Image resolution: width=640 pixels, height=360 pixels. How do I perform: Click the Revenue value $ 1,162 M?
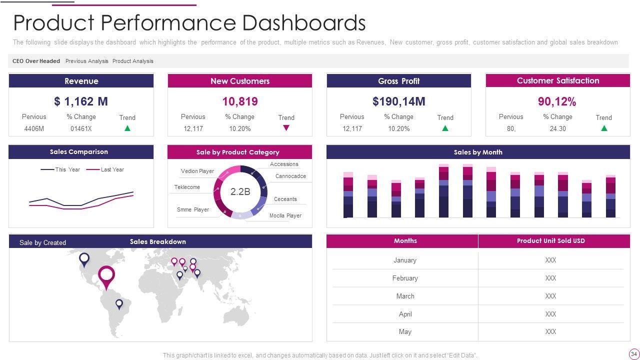coord(81,101)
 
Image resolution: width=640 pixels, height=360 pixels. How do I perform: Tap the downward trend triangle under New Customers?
coord(286,128)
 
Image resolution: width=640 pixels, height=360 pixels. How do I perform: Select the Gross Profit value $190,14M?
coord(398,101)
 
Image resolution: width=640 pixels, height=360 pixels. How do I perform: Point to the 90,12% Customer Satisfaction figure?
coord(557,101)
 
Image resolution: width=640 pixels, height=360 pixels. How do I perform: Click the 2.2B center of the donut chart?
coord(240,191)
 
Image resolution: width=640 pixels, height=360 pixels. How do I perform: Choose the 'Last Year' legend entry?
coord(112,169)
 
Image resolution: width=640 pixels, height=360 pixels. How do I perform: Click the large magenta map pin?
coord(106,276)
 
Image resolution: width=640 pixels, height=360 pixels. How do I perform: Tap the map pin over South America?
coord(119,303)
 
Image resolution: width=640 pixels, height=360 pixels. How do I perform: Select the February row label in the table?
coord(405,278)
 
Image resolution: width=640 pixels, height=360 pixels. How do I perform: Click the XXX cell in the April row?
coord(550,314)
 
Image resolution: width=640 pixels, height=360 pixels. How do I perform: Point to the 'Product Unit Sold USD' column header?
coord(550,241)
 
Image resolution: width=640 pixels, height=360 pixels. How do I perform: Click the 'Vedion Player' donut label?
coord(197,171)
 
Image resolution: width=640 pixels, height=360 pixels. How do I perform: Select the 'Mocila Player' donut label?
coord(285,215)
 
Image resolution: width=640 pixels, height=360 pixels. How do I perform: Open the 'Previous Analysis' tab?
coord(87,61)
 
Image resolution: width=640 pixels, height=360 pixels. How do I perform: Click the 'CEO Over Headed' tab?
coord(36,61)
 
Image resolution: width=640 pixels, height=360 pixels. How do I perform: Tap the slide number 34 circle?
coord(634,354)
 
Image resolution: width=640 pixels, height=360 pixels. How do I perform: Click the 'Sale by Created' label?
coord(42,242)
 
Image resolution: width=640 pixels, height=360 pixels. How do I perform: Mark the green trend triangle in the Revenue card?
coord(127,128)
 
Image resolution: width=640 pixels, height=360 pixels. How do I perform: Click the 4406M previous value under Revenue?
coord(34,128)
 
